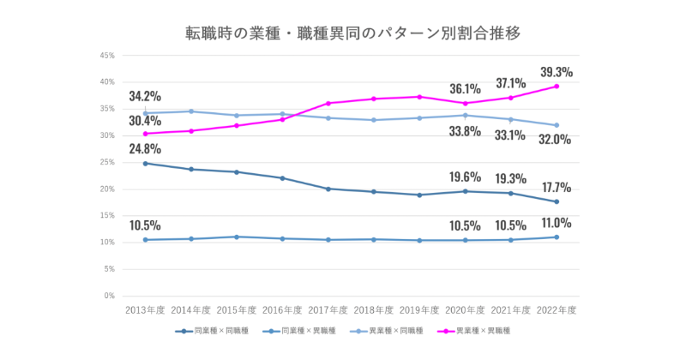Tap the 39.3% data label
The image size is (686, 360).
(x=555, y=72)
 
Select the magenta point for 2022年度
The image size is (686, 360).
(x=557, y=87)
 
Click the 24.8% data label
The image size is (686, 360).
(x=145, y=149)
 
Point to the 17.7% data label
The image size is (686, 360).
(x=555, y=187)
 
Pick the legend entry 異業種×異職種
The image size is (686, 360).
(x=475, y=330)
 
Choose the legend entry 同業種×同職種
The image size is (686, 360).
(x=213, y=330)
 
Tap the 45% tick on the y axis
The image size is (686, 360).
(x=108, y=56)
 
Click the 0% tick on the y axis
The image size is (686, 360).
(x=110, y=296)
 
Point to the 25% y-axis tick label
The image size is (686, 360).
(x=108, y=162)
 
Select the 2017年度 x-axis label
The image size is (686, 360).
(x=328, y=309)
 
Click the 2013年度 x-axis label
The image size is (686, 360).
(x=145, y=309)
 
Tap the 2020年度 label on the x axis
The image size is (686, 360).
(x=465, y=309)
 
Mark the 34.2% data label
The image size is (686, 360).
(x=145, y=96)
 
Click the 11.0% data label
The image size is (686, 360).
(x=555, y=223)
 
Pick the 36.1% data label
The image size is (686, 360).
(x=465, y=88)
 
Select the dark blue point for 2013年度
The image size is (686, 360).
(x=145, y=163)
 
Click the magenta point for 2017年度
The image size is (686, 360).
(x=328, y=103)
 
